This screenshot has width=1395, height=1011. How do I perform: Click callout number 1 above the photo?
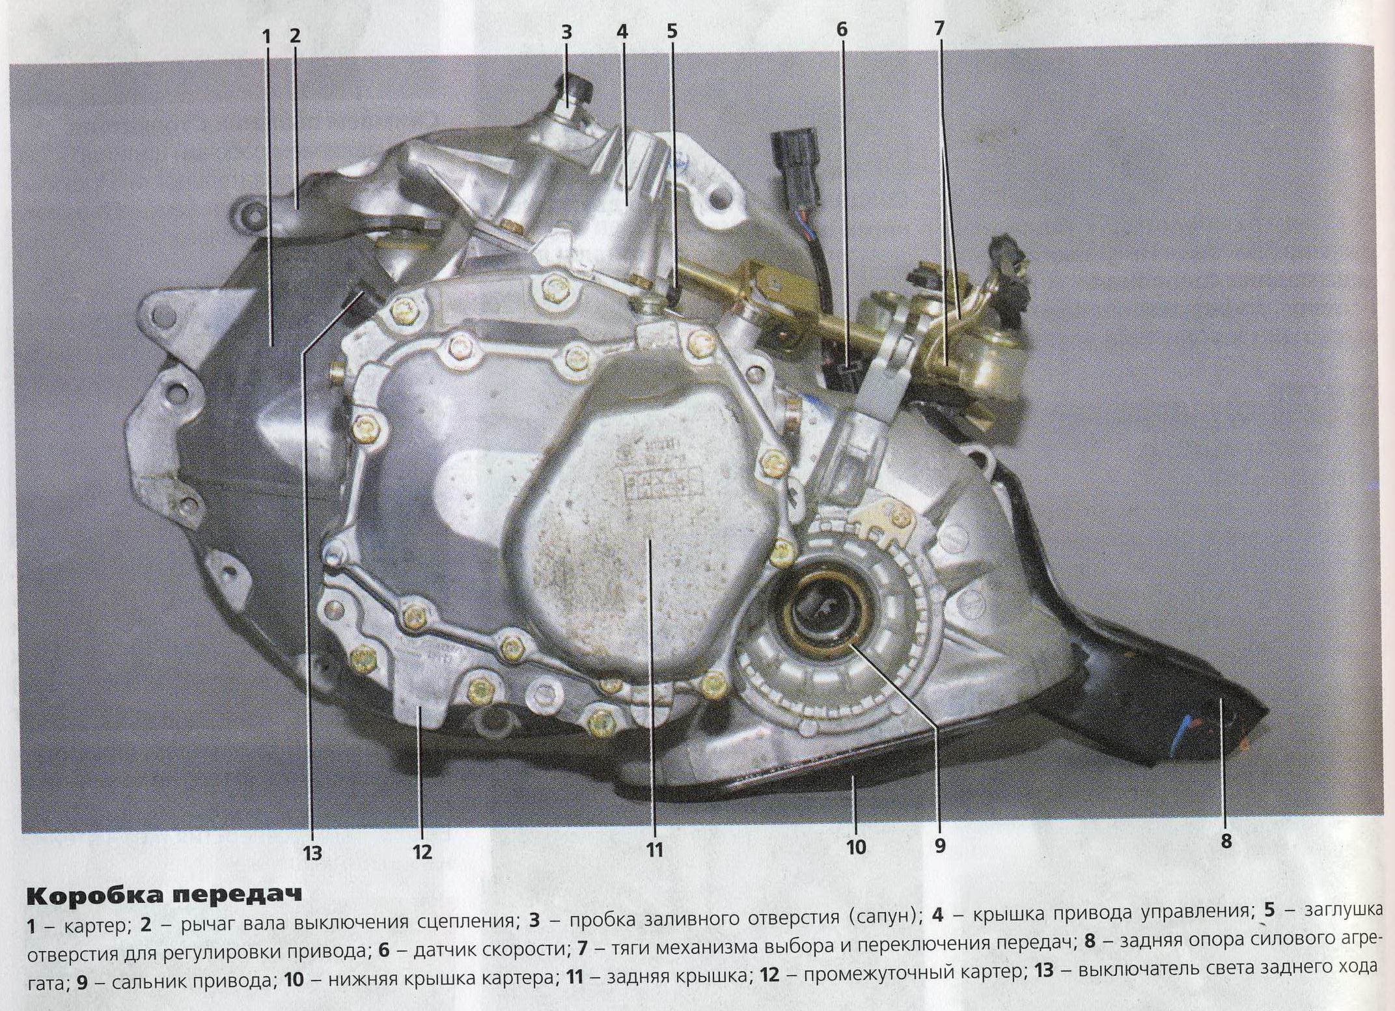266,36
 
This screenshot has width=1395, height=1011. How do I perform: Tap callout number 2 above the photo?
295,36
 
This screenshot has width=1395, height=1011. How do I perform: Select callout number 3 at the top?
566,33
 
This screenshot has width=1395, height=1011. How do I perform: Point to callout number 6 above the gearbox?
842,30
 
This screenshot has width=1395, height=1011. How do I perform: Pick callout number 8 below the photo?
1226,842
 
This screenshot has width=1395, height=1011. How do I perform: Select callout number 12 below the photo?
422,851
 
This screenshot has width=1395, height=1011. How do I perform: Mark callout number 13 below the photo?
312,852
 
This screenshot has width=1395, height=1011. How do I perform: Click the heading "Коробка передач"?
164,896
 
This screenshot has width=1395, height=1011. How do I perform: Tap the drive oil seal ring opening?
823,608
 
